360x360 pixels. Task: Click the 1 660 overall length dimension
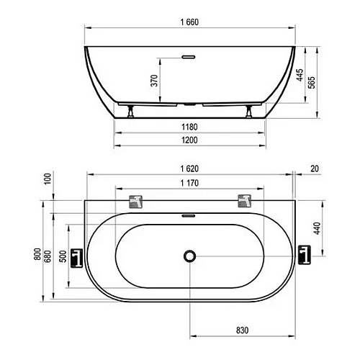click(x=189, y=22)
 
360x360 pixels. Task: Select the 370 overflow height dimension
click(x=154, y=81)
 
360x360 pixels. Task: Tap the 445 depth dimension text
click(x=300, y=75)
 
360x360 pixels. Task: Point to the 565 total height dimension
click(x=312, y=83)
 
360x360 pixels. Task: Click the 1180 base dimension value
click(x=189, y=127)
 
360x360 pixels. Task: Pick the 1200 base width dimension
click(x=189, y=140)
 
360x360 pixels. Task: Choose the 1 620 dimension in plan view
click(x=189, y=168)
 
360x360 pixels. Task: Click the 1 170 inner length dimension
click(x=189, y=183)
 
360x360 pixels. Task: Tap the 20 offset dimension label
click(x=315, y=168)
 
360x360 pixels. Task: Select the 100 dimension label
click(x=48, y=179)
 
